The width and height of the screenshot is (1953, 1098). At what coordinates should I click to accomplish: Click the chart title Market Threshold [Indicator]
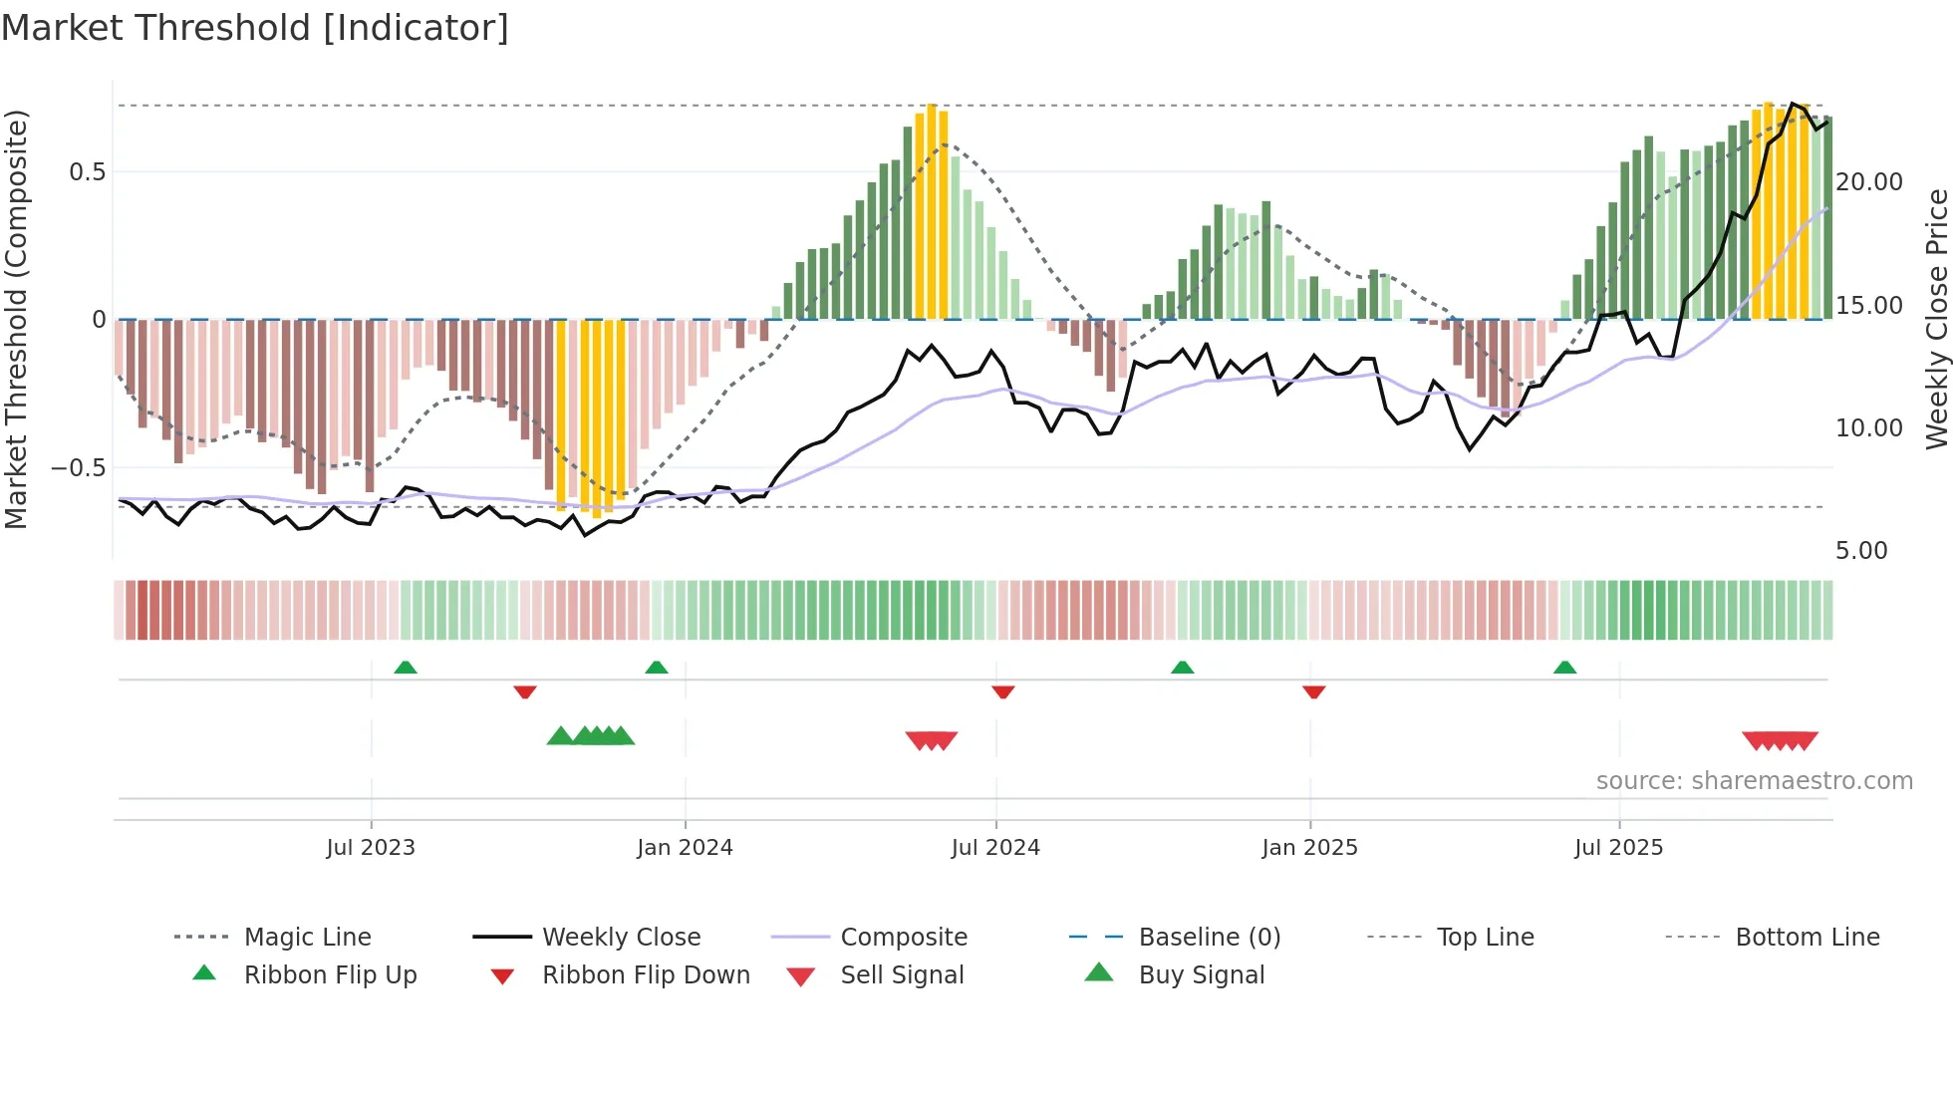[x=255, y=28]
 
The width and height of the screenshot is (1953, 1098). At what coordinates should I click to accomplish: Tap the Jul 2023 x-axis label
[x=371, y=848]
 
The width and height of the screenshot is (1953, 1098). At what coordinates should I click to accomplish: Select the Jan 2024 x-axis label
[x=685, y=848]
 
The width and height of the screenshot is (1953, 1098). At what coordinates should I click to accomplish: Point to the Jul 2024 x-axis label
[x=995, y=848]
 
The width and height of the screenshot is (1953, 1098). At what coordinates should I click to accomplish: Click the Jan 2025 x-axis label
[x=1309, y=848]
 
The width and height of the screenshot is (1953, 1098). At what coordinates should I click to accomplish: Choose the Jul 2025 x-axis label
[x=1619, y=848]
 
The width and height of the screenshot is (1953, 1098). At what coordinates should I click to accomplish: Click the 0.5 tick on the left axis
[x=88, y=172]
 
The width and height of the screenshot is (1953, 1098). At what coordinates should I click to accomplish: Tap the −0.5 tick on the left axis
[x=79, y=468]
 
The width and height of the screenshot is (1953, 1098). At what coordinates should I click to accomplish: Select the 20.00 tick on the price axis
[x=1869, y=182]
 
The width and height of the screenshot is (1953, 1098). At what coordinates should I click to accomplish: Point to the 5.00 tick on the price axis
[x=1861, y=551]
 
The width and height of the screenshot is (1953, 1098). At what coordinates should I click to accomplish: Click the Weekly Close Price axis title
[x=1936, y=319]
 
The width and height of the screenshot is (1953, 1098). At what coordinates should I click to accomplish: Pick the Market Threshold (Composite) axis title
[x=16, y=319]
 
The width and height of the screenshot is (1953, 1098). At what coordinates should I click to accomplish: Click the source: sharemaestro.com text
[x=1754, y=781]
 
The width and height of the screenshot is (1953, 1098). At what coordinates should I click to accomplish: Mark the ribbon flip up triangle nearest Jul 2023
[x=406, y=668]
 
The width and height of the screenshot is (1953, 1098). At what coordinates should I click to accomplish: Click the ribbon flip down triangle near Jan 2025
[x=1314, y=691]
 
